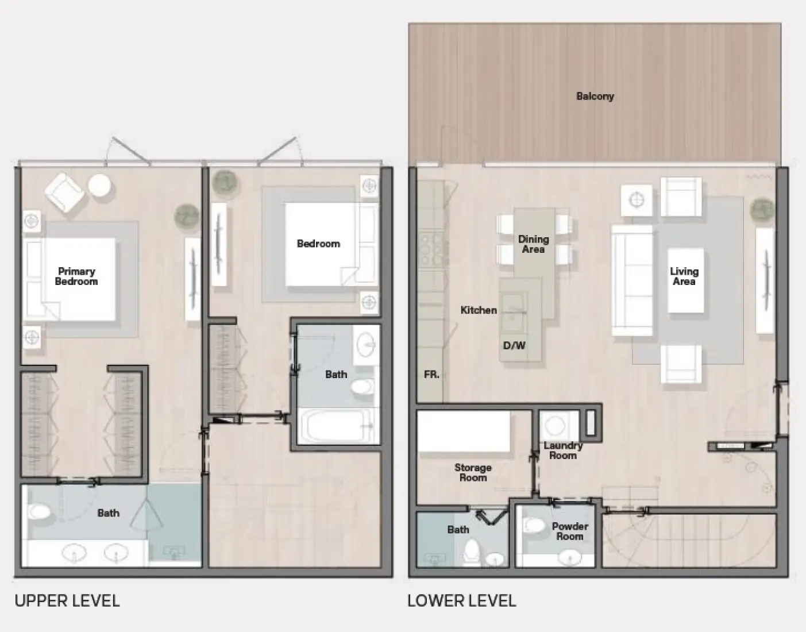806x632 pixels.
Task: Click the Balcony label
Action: (x=595, y=97)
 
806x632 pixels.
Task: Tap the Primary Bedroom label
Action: (x=76, y=276)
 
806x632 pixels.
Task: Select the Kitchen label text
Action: (x=479, y=310)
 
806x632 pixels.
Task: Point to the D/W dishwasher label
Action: (x=514, y=346)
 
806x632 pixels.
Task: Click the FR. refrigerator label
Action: (x=431, y=375)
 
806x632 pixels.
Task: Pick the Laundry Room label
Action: (x=563, y=450)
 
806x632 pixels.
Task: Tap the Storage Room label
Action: (x=473, y=473)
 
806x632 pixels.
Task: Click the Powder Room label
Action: (x=569, y=531)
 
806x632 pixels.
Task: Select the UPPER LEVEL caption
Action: (x=67, y=601)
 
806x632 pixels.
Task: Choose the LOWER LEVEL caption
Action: (x=462, y=601)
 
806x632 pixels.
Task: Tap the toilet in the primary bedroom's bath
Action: (x=39, y=511)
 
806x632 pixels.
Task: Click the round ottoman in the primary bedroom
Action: (x=99, y=186)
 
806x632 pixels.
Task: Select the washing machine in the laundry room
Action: (x=555, y=426)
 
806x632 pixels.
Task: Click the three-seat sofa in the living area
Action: (x=632, y=280)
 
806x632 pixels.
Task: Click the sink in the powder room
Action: (x=570, y=556)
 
